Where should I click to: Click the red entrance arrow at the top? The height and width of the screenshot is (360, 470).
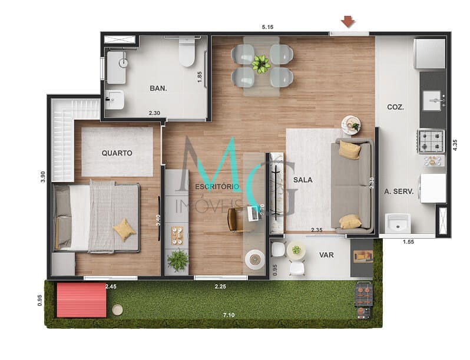click(x=348, y=22)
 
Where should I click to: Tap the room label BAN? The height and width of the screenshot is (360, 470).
click(x=158, y=88)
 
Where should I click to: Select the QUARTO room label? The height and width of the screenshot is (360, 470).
click(x=117, y=153)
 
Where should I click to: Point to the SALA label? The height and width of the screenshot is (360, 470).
click(x=303, y=180)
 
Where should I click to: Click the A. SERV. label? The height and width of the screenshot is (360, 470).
click(x=399, y=191)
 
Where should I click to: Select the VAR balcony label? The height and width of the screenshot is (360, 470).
click(x=327, y=256)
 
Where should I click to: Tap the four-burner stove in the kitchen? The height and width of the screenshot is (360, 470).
click(x=431, y=141)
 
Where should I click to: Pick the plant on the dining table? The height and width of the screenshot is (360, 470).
click(x=261, y=64)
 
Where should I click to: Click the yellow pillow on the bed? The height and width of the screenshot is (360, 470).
click(x=124, y=229)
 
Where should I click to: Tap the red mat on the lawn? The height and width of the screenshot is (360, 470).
click(x=81, y=299)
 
